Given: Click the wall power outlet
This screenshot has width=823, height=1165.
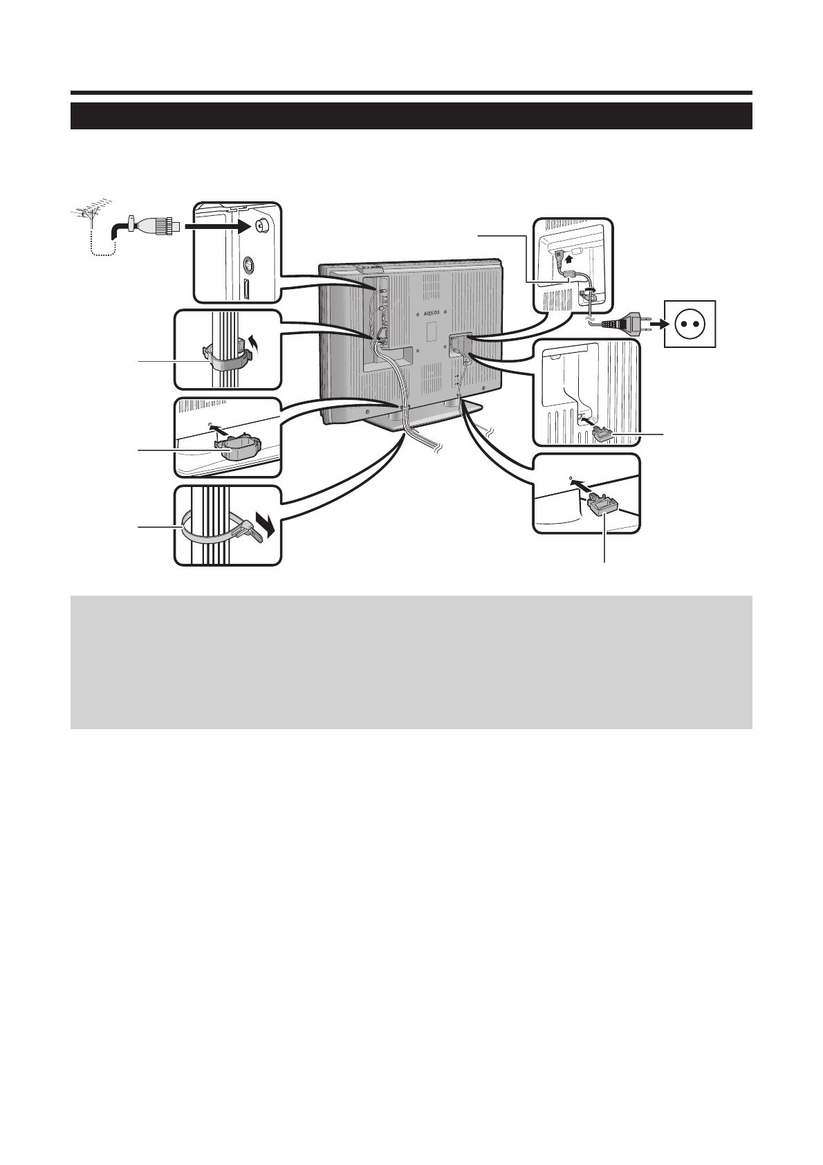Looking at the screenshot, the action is pyautogui.click(x=690, y=324).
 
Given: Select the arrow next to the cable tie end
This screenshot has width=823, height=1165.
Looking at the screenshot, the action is pyautogui.click(x=265, y=524).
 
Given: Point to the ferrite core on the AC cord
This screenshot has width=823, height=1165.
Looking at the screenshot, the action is pyautogui.click(x=569, y=275).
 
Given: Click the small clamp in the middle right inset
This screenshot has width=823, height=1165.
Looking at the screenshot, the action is pyautogui.click(x=602, y=434).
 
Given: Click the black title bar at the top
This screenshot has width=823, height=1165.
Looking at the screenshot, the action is pyautogui.click(x=411, y=116).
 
